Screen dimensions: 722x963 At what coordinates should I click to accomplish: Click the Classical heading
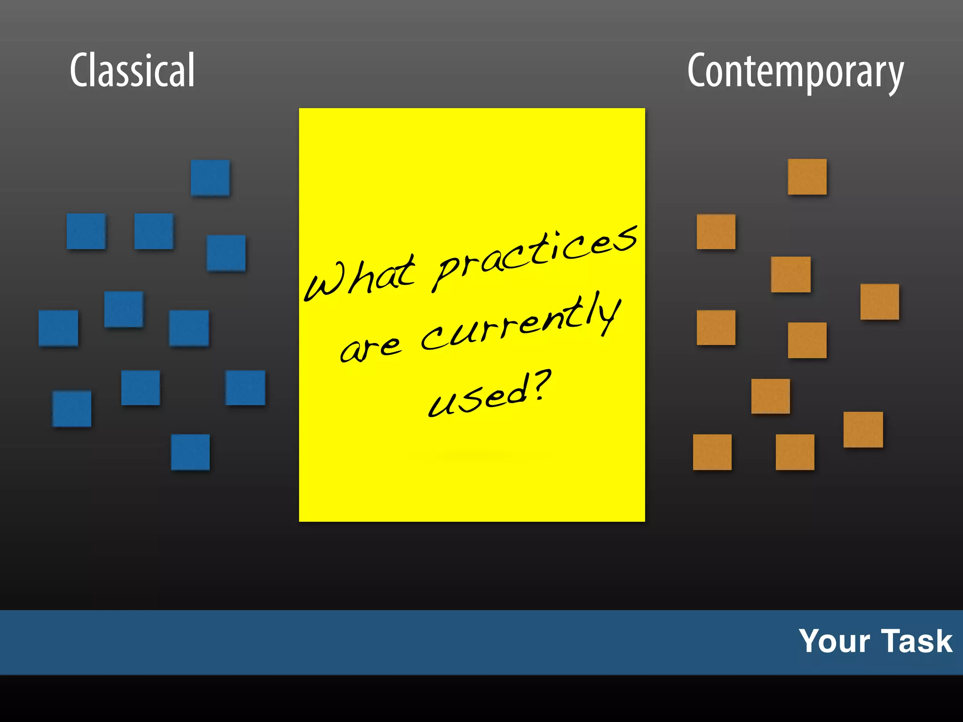[132, 71]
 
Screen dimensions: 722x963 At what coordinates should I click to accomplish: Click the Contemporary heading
[795, 71]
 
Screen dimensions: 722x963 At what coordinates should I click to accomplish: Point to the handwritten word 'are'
[371, 348]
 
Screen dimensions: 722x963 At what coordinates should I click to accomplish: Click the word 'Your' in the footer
[834, 641]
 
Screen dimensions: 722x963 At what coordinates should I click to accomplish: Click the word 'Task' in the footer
[916, 641]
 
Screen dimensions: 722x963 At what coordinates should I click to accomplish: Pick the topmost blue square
[210, 178]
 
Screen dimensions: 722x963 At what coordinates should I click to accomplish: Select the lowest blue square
[190, 452]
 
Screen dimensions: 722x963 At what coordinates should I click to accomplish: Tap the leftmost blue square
[58, 328]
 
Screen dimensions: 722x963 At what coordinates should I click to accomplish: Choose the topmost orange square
[807, 177]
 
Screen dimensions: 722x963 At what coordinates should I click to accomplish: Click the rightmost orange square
[879, 302]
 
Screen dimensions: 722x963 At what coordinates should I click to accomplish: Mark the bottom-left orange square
[712, 452]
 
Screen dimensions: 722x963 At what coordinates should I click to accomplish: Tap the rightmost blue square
[245, 388]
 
